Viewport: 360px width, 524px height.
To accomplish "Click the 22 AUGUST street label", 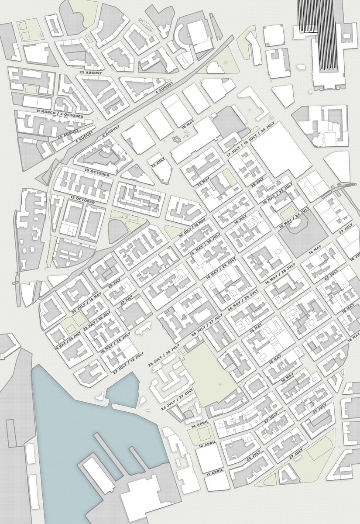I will (x=90, y=72).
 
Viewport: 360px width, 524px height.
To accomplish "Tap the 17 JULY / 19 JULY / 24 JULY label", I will (x=251, y=138).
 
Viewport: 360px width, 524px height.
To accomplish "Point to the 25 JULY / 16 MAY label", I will (x=86, y=303).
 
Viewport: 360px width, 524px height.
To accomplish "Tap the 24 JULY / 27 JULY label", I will (x=177, y=399).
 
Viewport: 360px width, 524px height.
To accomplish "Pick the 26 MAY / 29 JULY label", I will (x=243, y=303).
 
